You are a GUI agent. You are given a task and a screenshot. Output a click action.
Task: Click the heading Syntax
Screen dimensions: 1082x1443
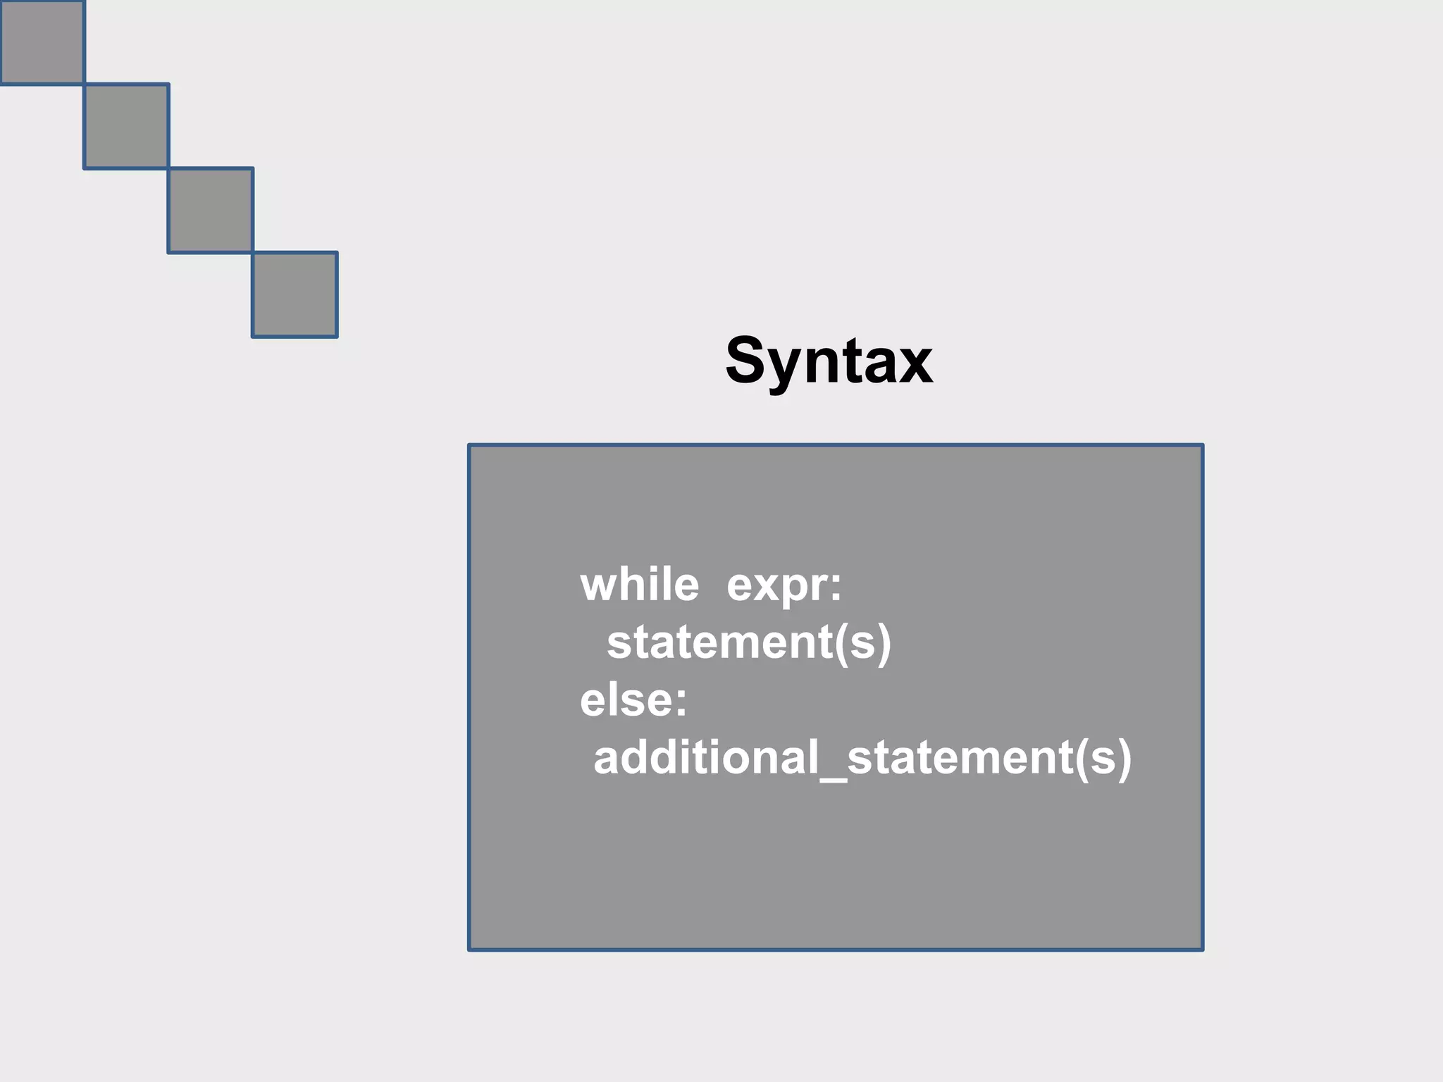[829, 361]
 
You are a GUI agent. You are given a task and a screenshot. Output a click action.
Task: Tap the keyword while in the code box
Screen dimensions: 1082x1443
[639, 585]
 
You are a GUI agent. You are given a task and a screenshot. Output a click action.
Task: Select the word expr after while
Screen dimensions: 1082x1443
[777, 586]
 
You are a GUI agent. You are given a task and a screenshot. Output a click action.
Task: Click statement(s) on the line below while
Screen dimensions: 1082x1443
[749, 642]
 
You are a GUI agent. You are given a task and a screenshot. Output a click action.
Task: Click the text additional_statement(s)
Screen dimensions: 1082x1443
[862, 758]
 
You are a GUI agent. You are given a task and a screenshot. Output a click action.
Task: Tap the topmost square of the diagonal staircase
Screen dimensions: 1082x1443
[42, 42]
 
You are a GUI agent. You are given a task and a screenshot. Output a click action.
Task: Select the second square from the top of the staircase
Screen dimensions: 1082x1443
[126, 126]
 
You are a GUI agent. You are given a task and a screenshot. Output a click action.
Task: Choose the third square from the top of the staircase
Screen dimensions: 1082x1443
[210, 210]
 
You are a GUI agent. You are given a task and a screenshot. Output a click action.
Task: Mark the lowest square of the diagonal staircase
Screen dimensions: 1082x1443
[295, 294]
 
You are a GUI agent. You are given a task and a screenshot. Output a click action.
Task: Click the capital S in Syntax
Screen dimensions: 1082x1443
[746, 361]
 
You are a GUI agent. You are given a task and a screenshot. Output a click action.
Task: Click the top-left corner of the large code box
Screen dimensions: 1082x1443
[470, 446]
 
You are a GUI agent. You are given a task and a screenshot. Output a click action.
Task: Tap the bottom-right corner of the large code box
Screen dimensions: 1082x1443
[1201, 949]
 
